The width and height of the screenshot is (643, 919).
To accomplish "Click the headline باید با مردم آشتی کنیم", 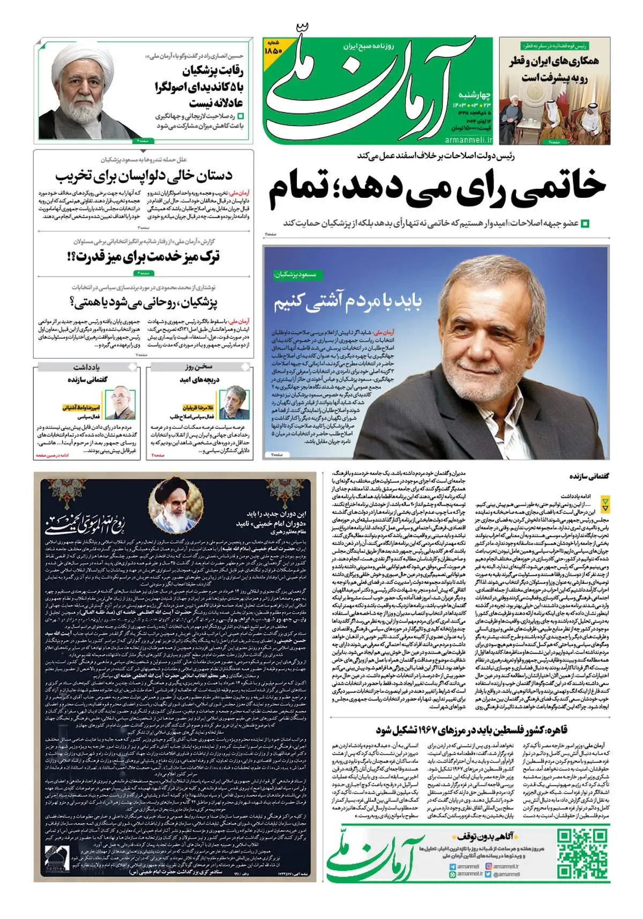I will pyautogui.click(x=348, y=303).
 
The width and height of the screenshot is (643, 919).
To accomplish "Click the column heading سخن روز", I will pyautogui.click(x=199, y=367).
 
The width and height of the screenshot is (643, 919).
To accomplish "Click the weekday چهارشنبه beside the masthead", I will pyautogui.click(x=475, y=95).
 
